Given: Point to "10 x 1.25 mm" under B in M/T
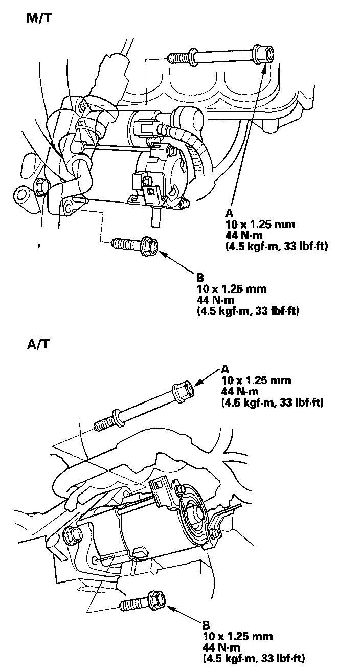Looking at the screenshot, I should [x=232, y=289].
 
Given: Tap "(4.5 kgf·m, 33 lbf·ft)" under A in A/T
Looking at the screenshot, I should [x=272, y=402].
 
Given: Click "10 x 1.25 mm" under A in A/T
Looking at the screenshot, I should [x=256, y=380].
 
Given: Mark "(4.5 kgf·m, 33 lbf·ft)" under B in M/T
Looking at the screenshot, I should [x=248, y=311].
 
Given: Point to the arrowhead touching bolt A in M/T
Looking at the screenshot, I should [x=264, y=68].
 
